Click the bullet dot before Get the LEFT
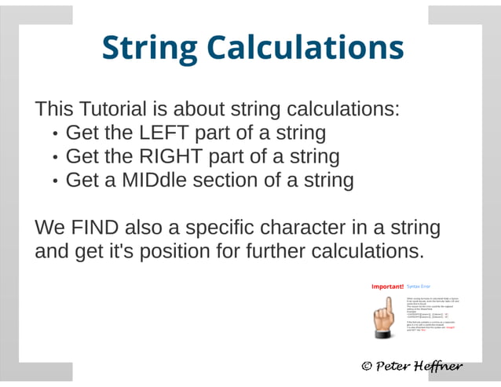point(54,133)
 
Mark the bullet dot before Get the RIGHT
point(54,157)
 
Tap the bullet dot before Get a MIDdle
point(54,181)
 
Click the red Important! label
point(387,287)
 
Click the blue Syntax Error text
point(419,287)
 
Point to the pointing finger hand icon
point(384,318)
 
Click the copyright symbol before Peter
point(366,366)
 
